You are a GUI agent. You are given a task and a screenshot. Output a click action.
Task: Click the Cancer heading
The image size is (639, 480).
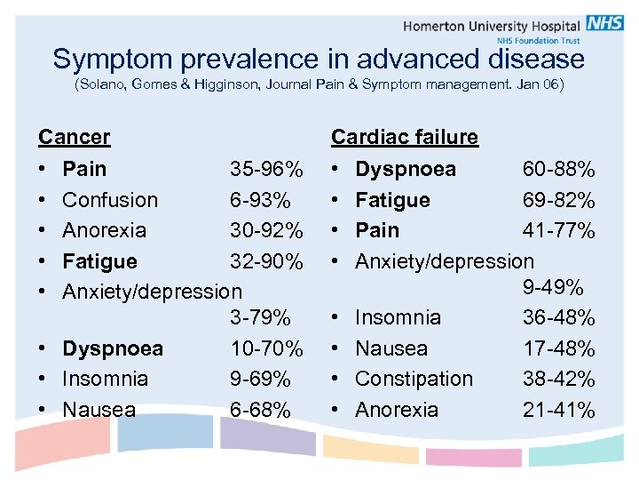[75, 137]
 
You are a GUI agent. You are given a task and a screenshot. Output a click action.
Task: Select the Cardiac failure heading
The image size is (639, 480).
[404, 137]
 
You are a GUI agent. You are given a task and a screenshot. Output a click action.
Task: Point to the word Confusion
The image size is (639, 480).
[110, 200]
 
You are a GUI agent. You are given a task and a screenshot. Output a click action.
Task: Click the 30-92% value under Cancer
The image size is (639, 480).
[266, 230]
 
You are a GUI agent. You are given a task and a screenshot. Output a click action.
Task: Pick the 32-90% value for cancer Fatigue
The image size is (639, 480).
[266, 261]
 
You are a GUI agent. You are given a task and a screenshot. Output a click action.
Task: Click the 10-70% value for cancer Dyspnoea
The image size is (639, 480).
[266, 348]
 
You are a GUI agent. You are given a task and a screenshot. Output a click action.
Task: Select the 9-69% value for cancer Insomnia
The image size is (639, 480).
[260, 379]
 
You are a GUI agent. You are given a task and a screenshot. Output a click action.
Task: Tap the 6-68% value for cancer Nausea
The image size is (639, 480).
[260, 410]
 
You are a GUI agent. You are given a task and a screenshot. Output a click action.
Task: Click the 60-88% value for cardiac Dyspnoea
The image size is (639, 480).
[558, 169]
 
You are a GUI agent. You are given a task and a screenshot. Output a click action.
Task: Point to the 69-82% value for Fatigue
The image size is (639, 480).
[558, 200]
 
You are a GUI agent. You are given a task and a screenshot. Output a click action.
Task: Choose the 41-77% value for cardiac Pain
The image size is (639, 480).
[558, 230]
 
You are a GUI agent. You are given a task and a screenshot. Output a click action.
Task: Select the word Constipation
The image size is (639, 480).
[414, 379]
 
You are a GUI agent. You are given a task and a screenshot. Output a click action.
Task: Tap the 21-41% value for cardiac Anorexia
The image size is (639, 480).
[558, 410]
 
